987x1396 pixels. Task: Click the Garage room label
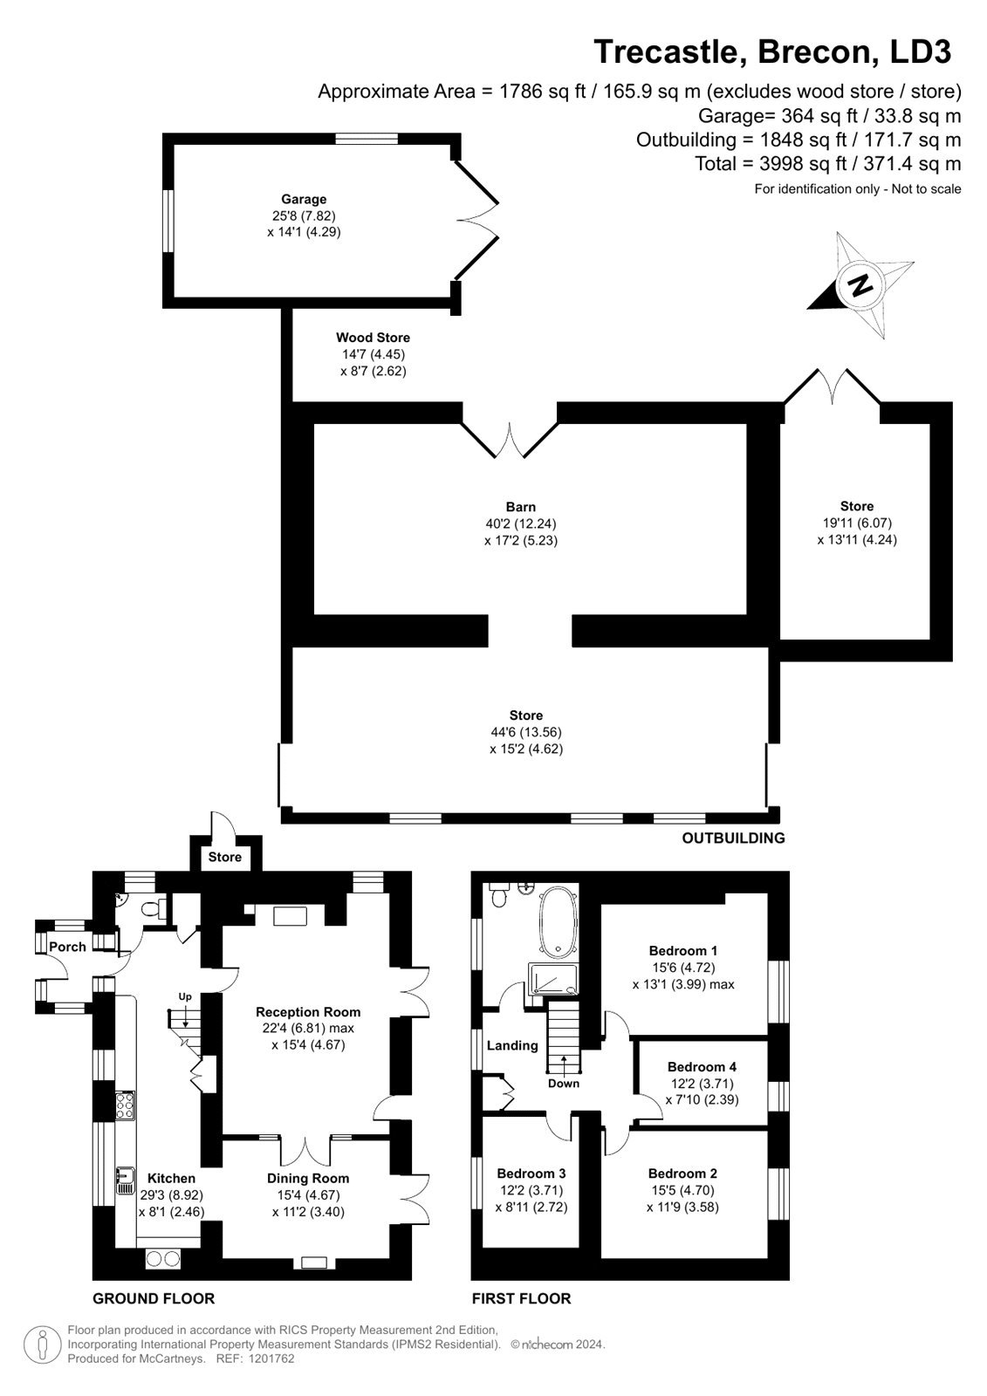click(304, 200)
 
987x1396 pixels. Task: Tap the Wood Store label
click(373, 338)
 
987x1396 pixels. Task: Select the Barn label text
click(521, 507)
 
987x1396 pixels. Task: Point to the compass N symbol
click(861, 284)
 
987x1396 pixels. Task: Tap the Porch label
click(67, 947)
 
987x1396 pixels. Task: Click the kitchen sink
click(126, 1180)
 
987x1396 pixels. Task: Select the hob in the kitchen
click(125, 1106)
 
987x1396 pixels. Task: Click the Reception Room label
click(308, 1012)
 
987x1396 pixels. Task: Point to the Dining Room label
click(308, 1179)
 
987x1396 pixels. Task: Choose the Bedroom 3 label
click(531, 1174)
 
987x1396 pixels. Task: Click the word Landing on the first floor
click(512, 1045)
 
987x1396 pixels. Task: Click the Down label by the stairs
click(564, 1084)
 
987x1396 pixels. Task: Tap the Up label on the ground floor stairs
click(185, 996)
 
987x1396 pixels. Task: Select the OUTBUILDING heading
click(733, 838)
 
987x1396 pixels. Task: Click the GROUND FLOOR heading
click(154, 1299)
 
